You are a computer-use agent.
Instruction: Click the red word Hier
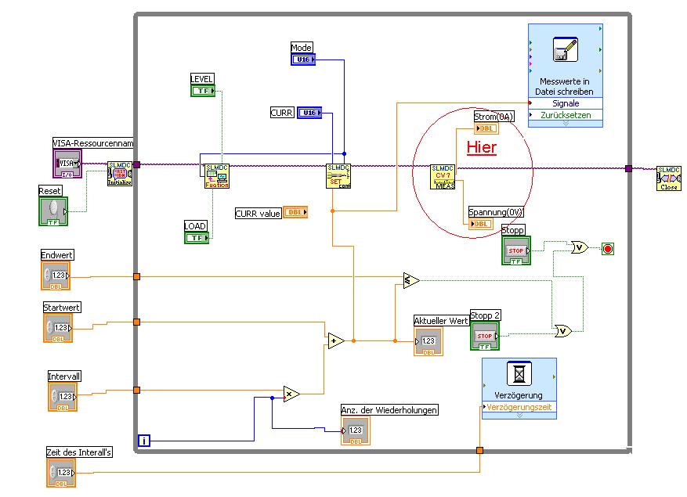482,147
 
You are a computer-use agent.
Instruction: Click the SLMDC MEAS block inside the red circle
443,177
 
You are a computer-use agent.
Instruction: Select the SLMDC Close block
668,178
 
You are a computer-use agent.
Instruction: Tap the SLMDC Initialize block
120,174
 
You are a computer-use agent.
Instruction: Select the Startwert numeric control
58,328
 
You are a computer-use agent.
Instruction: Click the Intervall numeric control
63,397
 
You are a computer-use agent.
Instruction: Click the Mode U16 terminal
303,59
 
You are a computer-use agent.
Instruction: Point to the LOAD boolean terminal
197,237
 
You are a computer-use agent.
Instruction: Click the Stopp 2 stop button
485,337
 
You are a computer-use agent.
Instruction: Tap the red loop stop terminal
608,249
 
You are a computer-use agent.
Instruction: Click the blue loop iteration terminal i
144,441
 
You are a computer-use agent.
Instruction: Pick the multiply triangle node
291,394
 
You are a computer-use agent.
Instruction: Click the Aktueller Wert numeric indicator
428,342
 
